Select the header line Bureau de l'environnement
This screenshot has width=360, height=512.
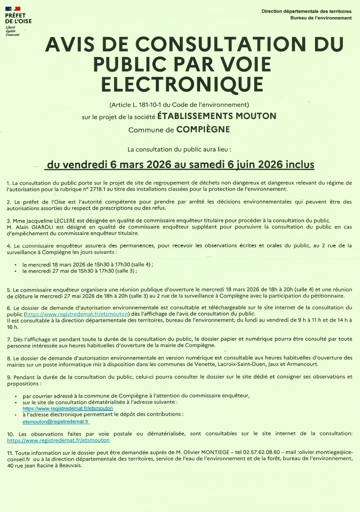click(x=321, y=18)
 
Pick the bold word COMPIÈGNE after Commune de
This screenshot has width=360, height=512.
click(x=203, y=130)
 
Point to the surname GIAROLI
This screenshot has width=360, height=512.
click(x=40, y=227)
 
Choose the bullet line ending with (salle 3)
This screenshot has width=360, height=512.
click(x=80, y=272)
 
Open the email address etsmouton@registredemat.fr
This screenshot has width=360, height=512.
click(x=56, y=421)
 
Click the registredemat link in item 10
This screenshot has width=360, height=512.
click(x=58, y=441)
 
